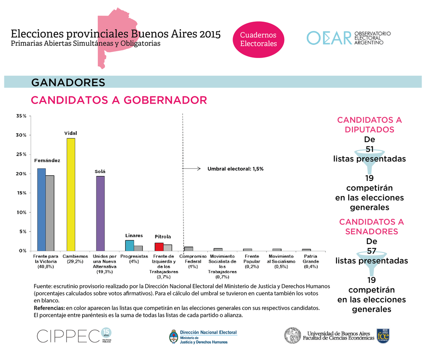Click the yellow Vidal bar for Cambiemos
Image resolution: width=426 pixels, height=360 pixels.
coord(71,194)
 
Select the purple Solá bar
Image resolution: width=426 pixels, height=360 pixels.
coord(100,213)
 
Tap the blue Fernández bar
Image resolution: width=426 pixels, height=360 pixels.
coord(41,210)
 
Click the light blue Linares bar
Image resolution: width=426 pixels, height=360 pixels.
coord(129,246)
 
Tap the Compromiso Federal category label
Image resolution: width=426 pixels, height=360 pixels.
coord(193,261)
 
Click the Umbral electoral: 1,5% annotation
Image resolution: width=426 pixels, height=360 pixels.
coord(235,169)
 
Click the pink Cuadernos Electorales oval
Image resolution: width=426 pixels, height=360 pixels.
coord(258,39)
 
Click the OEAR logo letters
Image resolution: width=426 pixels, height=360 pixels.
coord(329,38)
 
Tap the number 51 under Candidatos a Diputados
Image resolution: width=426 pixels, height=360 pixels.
coord(370,149)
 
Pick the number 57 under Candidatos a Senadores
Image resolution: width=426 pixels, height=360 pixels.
coord(372,251)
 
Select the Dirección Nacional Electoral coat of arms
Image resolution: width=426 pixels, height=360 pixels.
coord(173,337)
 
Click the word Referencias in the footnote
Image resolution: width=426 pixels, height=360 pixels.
coord(48,308)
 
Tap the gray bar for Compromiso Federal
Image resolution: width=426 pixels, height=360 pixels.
coord(189,249)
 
